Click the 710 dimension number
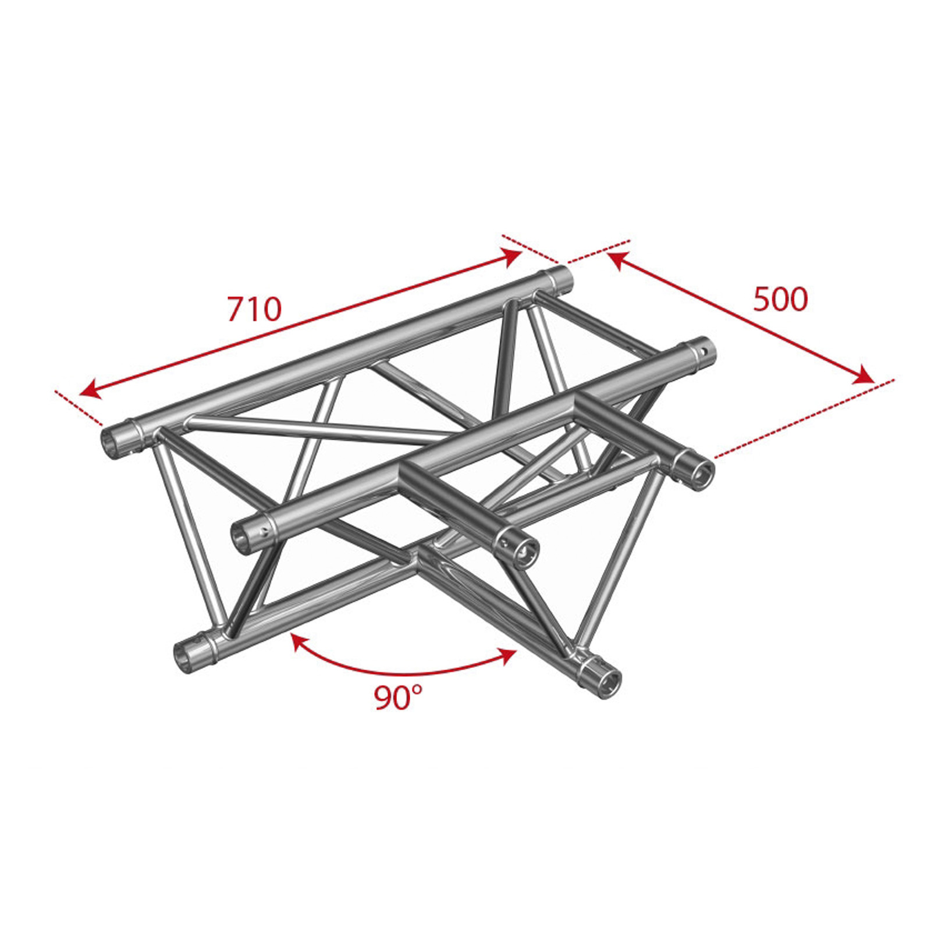[x=254, y=309]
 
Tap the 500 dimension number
[x=780, y=300]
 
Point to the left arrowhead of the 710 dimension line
[x=90, y=389]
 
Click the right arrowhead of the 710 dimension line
[x=511, y=257]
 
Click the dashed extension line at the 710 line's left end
[x=79, y=408]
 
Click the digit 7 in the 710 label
[x=236, y=309]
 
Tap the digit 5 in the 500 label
[x=762, y=300]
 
